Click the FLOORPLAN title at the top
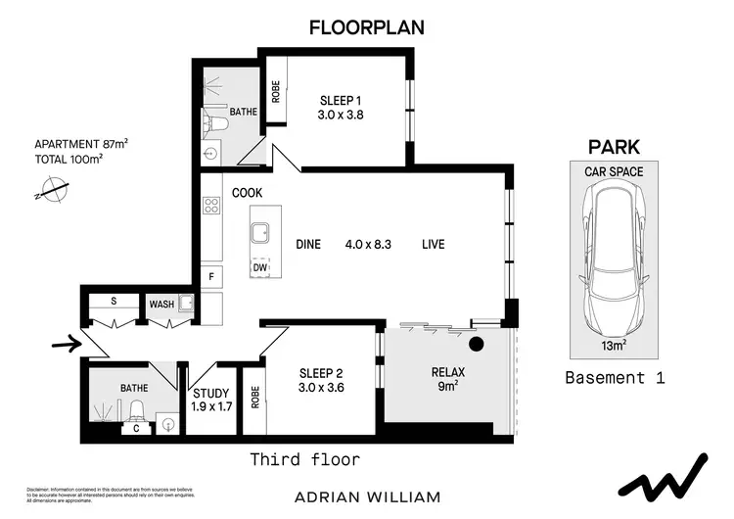pyautogui.click(x=367, y=27)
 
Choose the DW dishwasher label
pyautogui.click(x=260, y=266)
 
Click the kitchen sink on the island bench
pyautogui.click(x=261, y=232)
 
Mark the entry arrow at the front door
pyautogui.click(x=60, y=344)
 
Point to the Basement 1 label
pyautogui.click(x=616, y=377)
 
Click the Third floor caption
pyautogui.click(x=304, y=458)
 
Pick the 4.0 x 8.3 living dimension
pyautogui.click(x=368, y=244)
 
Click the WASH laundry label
pyautogui.click(x=161, y=305)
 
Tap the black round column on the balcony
pyautogui.click(x=479, y=344)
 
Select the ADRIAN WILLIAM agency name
pyautogui.click(x=366, y=496)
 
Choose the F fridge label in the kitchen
pyautogui.click(x=210, y=277)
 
